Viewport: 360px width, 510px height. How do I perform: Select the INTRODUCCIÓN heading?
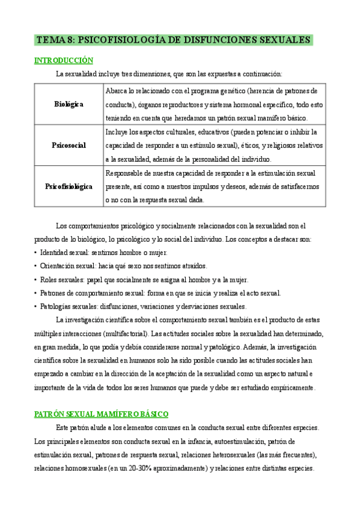[x=64, y=60]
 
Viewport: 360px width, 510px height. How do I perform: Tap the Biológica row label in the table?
[x=69, y=104]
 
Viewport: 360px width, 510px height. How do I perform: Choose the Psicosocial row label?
[x=69, y=145]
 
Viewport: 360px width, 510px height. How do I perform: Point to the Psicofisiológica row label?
[x=69, y=186]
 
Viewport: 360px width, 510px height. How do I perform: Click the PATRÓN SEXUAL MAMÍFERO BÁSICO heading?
[x=102, y=414]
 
